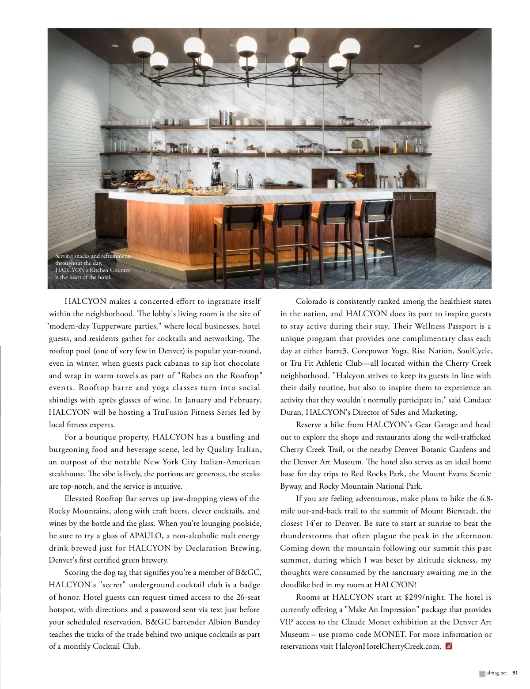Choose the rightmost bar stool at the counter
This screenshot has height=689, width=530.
[376, 230]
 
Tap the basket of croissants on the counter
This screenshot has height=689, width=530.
[144, 177]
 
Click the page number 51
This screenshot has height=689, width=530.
[515, 674]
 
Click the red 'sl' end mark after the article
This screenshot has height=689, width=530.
[449, 646]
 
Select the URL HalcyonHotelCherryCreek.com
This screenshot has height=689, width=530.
[388, 646]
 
